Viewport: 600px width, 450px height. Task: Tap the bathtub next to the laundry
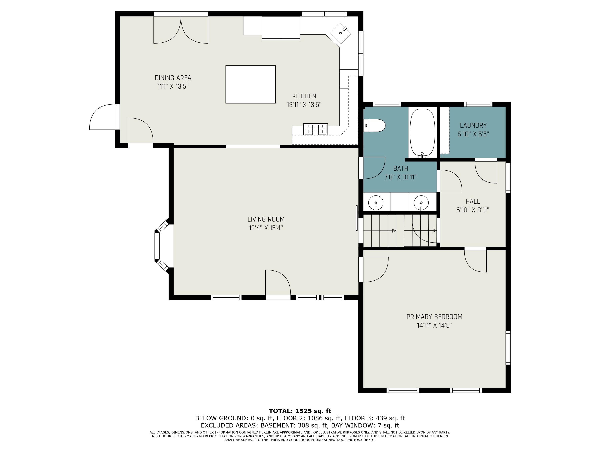coord(422,133)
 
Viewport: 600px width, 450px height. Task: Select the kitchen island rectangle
coord(250,84)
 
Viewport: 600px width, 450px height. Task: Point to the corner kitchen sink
coord(340,33)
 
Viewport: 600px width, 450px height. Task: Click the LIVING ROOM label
coord(266,219)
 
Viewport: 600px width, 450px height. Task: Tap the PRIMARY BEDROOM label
coord(434,317)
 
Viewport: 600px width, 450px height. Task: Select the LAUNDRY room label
coord(473,125)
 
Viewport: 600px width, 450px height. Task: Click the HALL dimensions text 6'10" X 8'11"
coord(473,210)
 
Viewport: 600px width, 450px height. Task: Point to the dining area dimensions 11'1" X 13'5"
coord(173,87)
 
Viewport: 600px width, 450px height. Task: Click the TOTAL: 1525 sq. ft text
coord(300,411)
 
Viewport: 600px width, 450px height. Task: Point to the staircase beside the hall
coord(400,231)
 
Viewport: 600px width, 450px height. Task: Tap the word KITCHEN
coord(304,96)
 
